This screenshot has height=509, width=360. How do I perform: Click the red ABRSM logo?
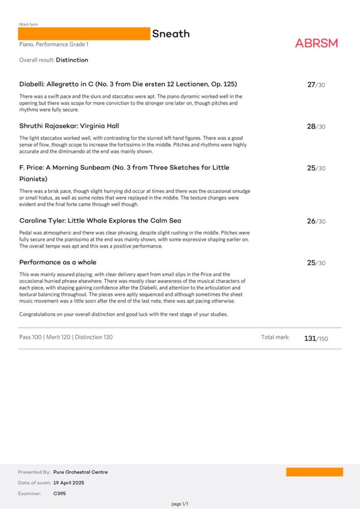click(316, 43)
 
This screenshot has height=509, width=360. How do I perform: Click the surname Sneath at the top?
click(171, 34)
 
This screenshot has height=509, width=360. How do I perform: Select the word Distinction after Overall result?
click(72, 60)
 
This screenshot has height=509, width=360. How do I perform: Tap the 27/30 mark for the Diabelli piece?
click(316, 85)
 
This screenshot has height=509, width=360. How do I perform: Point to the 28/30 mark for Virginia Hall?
click(316, 127)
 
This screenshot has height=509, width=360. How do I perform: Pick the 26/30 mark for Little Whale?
click(316, 221)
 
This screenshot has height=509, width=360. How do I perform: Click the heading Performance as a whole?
click(58, 262)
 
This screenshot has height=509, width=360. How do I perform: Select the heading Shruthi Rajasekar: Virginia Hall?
click(69, 126)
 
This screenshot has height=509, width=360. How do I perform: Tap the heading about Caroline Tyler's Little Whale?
click(100, 220)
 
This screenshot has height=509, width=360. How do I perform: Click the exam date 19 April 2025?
click(69, 483)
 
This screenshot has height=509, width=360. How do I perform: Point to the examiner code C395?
click(59, 494)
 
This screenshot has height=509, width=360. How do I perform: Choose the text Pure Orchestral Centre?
click(80, 472)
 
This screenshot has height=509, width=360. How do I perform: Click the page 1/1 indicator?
click(180, 504)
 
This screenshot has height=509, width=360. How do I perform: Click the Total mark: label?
click(275, 337)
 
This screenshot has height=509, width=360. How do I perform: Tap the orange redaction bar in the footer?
click(314, 472)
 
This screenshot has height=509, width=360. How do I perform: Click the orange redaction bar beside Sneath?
click(84, 34)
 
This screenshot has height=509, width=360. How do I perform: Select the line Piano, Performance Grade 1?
click(54, 44)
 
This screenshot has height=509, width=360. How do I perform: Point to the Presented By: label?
click(34, 472)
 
